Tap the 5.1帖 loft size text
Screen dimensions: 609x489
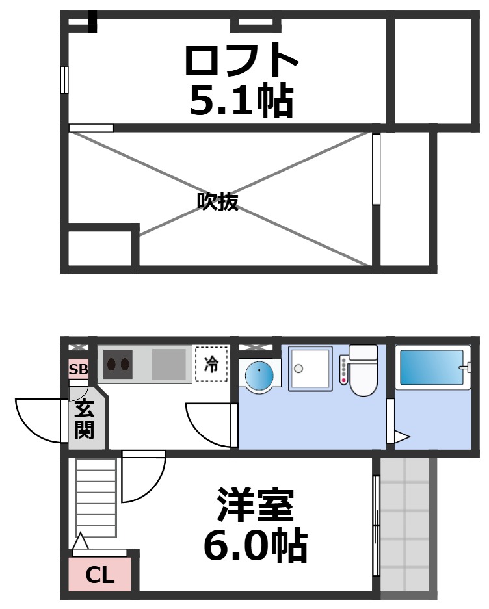[241, 100]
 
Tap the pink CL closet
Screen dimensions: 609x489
[100, 575]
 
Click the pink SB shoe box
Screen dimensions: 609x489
[78, 370]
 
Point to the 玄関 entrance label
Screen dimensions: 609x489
[84, 419]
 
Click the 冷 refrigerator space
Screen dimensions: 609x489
[211, 364]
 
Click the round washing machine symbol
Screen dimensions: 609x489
[259, 375]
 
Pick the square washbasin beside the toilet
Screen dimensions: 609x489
[310, 369]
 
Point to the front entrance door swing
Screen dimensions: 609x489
[40, 421]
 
